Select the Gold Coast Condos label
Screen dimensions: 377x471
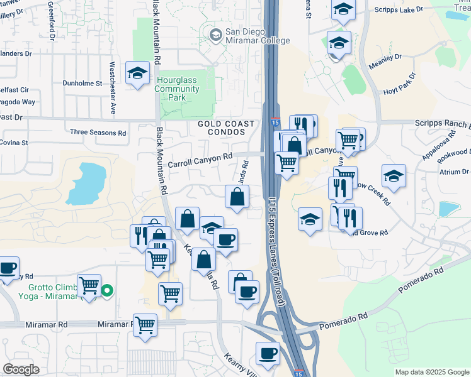[226, 128]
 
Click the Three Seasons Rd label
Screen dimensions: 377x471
[98, 133]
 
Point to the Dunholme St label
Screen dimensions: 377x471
[82, 83]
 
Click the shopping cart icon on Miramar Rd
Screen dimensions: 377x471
[145, 325]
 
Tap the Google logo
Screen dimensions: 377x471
[21, 369]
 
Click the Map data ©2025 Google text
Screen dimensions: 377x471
[432, 372]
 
